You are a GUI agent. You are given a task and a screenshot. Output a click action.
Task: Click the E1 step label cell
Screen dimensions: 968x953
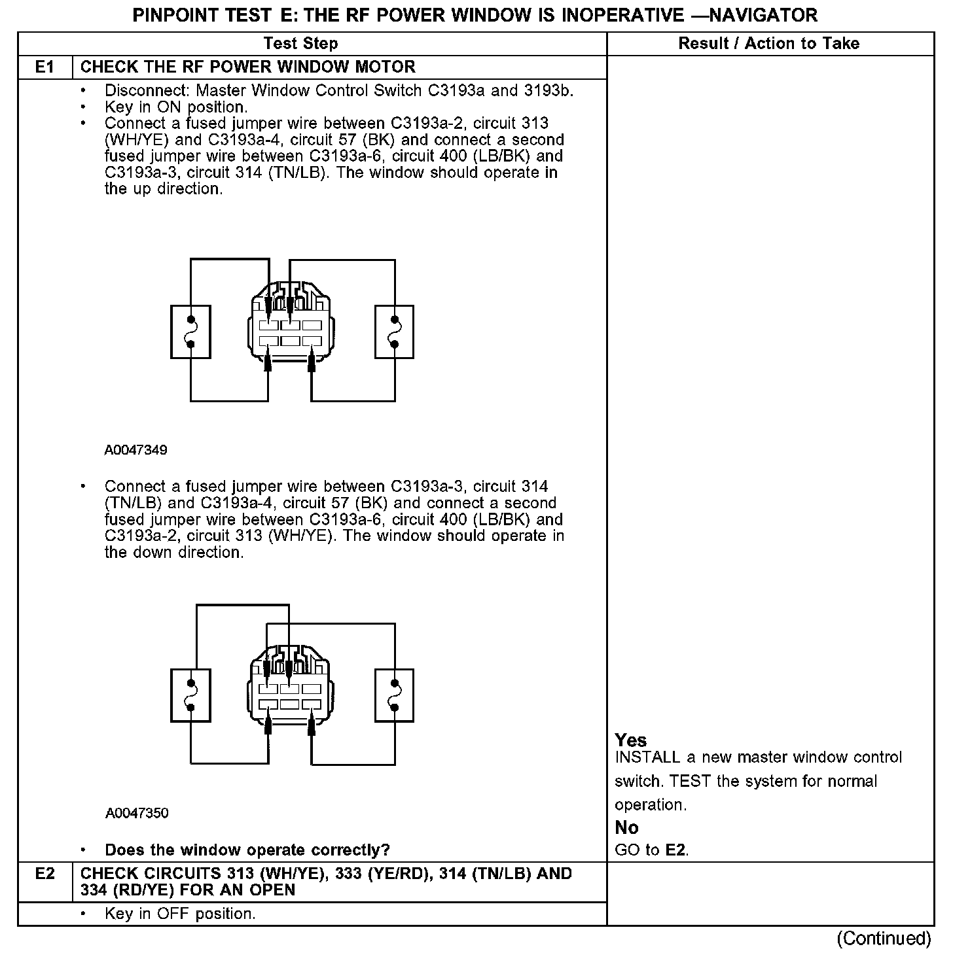(45, 67)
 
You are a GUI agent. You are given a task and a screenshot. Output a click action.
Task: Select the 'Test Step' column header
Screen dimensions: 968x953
(300, 44)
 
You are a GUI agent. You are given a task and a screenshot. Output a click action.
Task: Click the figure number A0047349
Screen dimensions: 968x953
(135, 450)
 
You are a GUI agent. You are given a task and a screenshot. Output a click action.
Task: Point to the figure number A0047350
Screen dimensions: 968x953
(136, 813)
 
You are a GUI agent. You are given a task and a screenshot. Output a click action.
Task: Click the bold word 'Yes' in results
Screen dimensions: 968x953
(631, 740)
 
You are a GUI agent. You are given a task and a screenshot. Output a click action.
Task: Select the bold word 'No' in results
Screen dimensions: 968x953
(626, 828)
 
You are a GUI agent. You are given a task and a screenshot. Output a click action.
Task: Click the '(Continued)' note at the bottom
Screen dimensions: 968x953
(883, 939)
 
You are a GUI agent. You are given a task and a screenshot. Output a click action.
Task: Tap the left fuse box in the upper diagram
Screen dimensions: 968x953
(190, 332)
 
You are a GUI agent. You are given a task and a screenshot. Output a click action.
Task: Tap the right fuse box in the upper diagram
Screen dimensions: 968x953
(394, 332)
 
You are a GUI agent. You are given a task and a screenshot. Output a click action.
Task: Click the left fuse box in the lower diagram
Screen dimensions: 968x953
(190, 695)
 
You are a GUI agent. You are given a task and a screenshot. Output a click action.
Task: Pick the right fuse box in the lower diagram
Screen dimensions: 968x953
(394, 695)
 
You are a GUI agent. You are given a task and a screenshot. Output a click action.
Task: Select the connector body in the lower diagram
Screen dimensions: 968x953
(291, 696)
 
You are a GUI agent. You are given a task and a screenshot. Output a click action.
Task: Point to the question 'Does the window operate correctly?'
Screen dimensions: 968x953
(247, 850)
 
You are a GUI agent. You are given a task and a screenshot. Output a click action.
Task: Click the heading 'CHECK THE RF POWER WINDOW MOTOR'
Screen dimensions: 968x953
(247, 67)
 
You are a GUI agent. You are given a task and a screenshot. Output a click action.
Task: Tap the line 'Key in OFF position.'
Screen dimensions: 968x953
(180, 914)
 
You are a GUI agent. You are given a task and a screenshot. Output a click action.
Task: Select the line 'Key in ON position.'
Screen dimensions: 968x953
(176, 107)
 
